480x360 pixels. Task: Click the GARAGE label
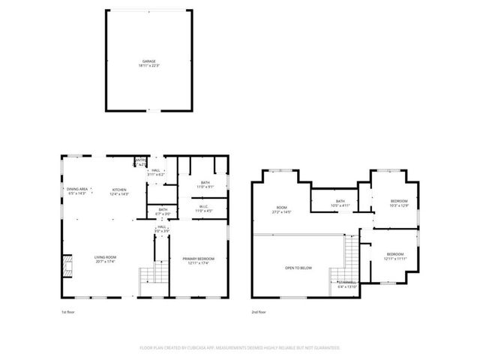[148, 61]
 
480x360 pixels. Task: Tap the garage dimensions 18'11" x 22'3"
[148, 66]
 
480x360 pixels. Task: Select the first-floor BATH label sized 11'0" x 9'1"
[205, 183]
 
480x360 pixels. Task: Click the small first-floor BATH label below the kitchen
[163, 209]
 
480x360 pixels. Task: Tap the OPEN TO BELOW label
[298, 267]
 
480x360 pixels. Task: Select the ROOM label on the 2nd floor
[282, 208]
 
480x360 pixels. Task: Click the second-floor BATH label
[340, 201]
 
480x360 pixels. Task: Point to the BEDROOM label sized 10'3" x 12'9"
[399, 201]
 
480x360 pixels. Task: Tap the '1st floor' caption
[68, 312]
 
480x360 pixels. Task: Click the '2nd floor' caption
[259, 312]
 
